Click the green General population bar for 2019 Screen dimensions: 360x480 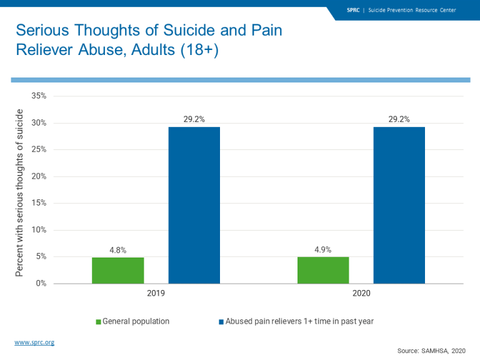coord(117,270)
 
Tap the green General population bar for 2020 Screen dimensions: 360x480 coord(323,270)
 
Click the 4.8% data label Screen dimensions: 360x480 coord(117,250)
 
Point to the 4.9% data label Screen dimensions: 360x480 coord(323,250)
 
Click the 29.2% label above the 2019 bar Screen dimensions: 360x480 coord(194,119)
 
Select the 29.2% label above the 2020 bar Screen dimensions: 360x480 coord(399,119)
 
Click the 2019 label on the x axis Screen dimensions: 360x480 coord(156,292)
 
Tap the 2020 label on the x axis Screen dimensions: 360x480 coord(361,292)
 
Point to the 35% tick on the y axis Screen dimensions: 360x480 coord(39,96)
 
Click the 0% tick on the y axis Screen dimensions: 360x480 coord(41,284)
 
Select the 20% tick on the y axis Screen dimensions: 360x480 coord(39,176)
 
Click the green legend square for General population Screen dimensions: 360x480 coord(98,322)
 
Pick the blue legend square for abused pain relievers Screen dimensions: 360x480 coord(221,322)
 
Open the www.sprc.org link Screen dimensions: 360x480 coord(34,342)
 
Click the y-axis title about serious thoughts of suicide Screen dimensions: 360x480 coord(19,192)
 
